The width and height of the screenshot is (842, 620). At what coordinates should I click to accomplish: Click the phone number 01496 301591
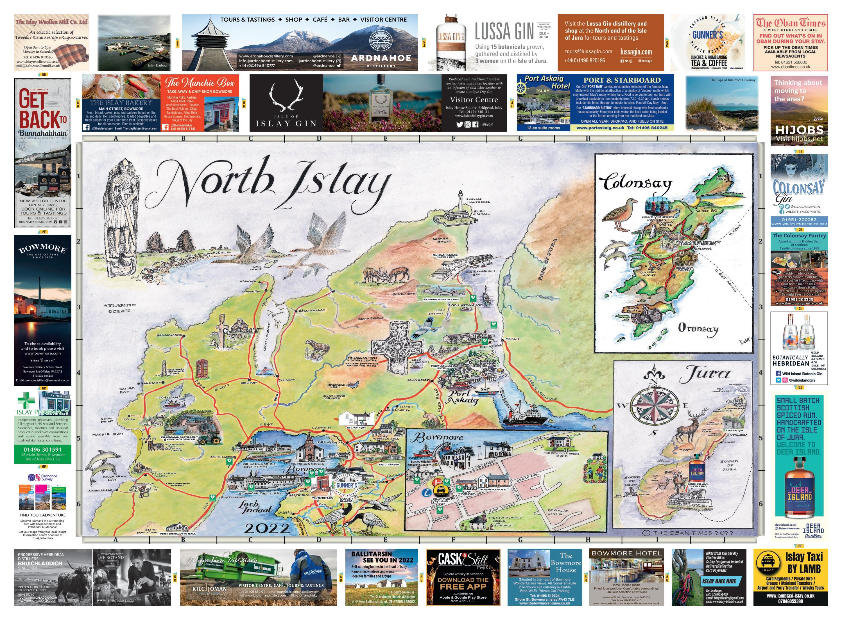pos(42,449)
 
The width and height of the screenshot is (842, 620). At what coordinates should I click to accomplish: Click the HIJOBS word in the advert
pos(799,130)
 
